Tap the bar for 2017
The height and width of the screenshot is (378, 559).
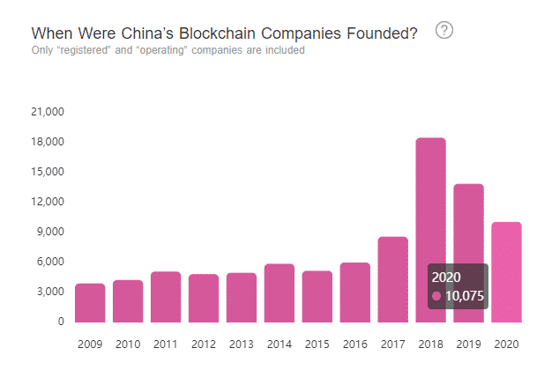pyautogui.click(x=392, y=279)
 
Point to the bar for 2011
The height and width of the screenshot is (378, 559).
pyautogui.click(x=165, y=297)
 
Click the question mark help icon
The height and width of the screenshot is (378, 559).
pyautogui.click(x=444, y=32)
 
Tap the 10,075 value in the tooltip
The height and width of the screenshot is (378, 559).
pyautogui.click(x=464, y=296)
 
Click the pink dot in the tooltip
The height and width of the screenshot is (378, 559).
pyautogui.click(x=436, y=296)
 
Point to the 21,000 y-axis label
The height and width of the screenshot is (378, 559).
pyautogui.click(x=48, y=112)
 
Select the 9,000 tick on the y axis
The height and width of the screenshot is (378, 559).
pyautogui.click(x=51, y=232)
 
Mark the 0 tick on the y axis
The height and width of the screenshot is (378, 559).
pyautogui.click(x=61, y=322)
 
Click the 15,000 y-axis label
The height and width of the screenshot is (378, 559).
pyautogui.click(x=48, y=172)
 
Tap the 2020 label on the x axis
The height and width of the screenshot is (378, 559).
pyautogui.click(x=506, y=344)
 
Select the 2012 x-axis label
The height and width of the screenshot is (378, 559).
pyautogui.click(x=203, y=344)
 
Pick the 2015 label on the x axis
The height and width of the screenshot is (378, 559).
pyautogui.click(x=317, y=344)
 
